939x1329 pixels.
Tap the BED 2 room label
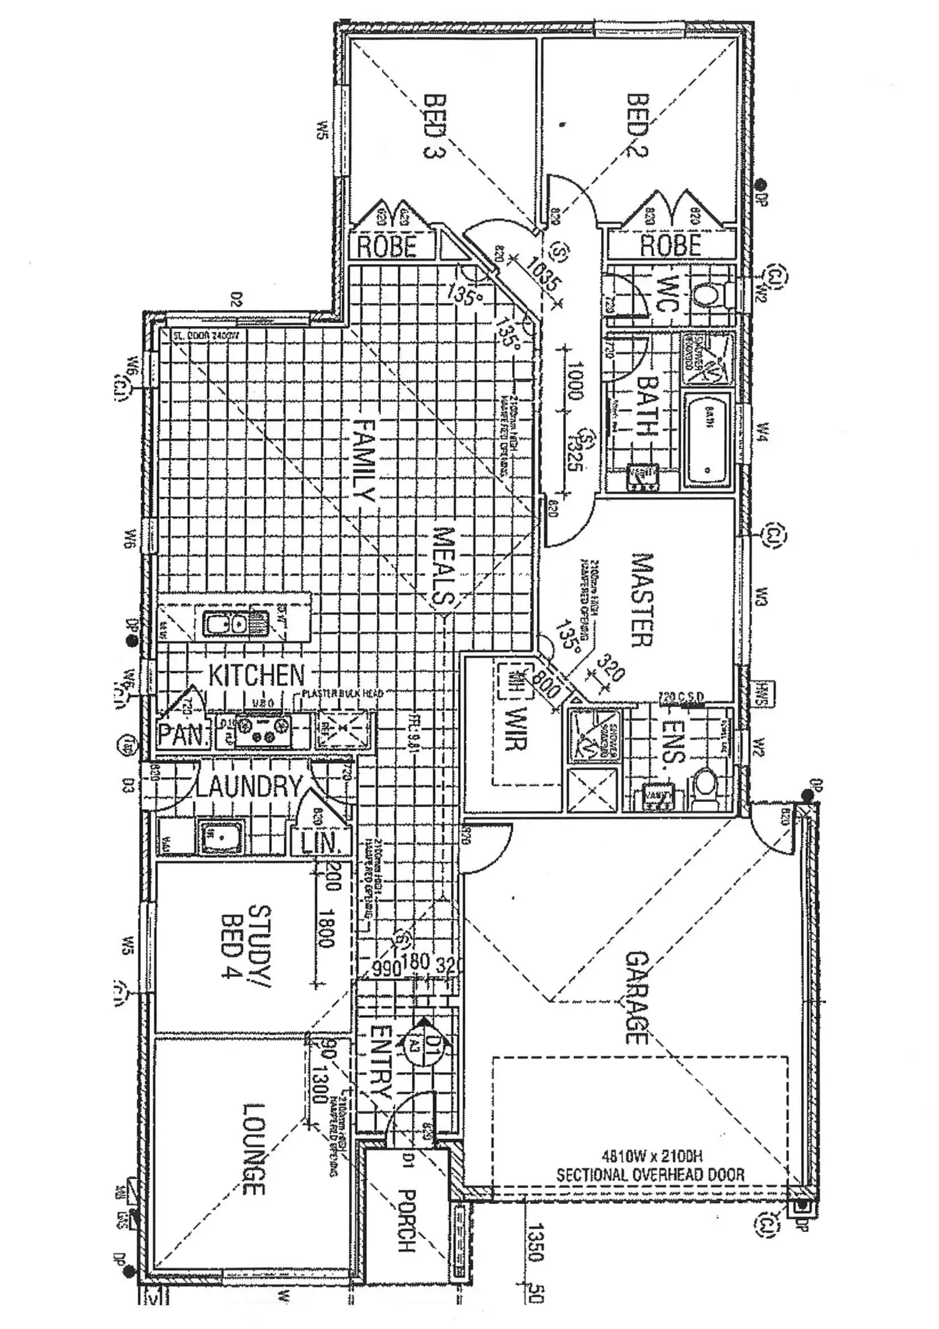[x=637, y=125]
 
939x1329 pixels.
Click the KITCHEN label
[x=257, y=675]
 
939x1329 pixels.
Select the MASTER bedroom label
[x=642, y=600]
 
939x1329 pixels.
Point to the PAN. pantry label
[x=184, y=736]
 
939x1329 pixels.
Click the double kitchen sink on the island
[x=226, y=623]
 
